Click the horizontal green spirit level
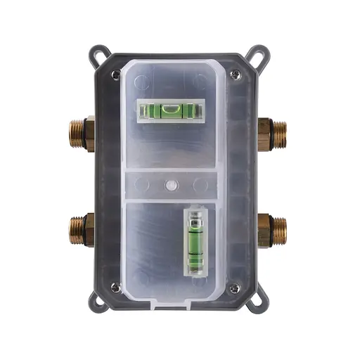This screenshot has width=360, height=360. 170,110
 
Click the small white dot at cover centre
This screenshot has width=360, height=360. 171,185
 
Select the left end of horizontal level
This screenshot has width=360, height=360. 143,110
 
